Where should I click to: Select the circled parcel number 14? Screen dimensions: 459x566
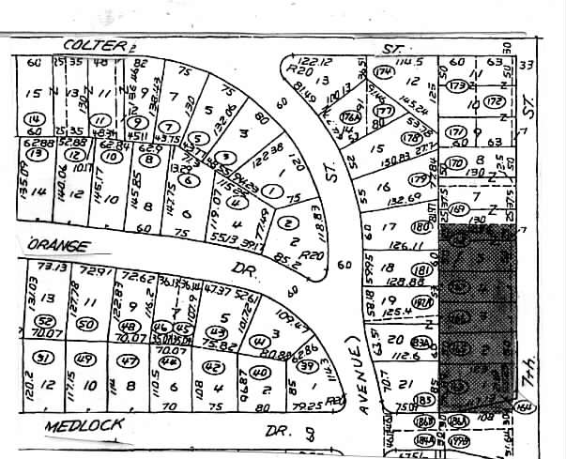(36, 119)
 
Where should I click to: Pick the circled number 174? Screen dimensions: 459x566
(383, 71)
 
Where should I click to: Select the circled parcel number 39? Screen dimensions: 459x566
(307, 367)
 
